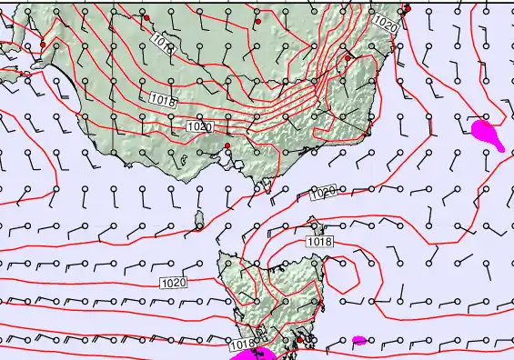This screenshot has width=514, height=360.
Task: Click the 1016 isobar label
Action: coord(163,42)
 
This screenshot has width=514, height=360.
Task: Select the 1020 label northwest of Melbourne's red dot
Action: coord(199,125)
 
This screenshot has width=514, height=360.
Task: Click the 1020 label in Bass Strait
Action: coord(322,192)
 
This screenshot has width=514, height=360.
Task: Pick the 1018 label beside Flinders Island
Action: coord(319,242)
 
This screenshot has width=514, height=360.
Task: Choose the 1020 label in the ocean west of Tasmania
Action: coord(173,283)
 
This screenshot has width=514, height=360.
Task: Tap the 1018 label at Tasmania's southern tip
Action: coord(242,345)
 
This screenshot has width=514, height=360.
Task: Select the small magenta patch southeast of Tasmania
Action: coord(359,341)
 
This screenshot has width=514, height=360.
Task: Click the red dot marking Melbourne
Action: coord(227,145)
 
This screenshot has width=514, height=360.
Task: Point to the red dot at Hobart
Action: coord(298,339)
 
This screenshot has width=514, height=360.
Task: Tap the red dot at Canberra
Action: coord(348,57)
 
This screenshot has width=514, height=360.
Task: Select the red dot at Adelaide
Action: coord(43,45)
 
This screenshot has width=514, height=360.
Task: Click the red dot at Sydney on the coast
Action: coord(407,9)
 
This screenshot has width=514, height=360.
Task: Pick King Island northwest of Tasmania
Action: coord(199,219)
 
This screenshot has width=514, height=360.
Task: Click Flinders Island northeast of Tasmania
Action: coord(316,224)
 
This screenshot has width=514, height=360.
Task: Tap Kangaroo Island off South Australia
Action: coord(38,65)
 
